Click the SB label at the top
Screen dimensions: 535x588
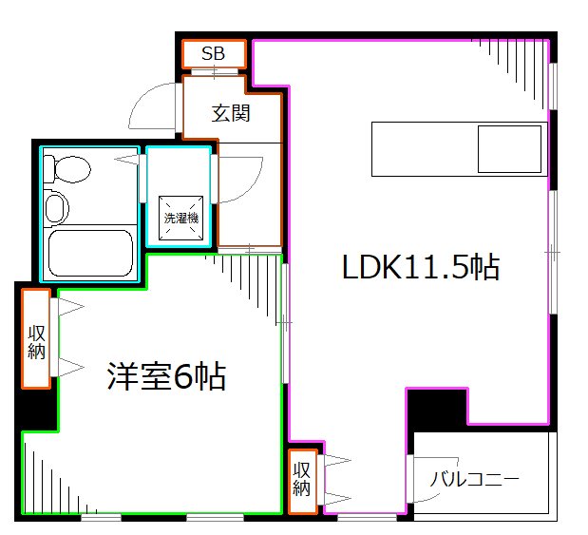[x=213, y=53]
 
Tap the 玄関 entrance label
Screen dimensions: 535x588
[x=230, y=114]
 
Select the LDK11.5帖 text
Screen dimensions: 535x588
[x=420, y=268]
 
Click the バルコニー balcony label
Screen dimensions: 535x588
[x=474, y=479]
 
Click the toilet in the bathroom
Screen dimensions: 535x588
[x=70, y=170]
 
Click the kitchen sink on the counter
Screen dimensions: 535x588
[x=508, y=149]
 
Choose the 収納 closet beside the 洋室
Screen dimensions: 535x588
[x=37, y=339]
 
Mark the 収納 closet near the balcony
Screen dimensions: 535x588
[x=302, y=481]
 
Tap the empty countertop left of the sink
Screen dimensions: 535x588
[x=423, y=149]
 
